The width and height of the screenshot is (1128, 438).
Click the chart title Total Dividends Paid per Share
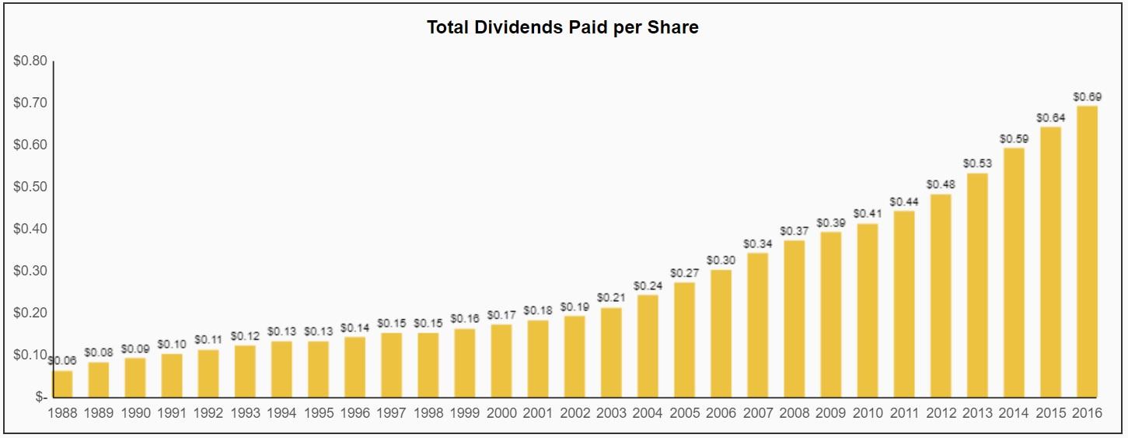tap(563, 28)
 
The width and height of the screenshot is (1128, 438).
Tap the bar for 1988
tap(62, 384)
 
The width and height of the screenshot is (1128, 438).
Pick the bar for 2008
tap(794, 319)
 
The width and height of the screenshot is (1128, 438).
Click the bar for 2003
tap(611, 352)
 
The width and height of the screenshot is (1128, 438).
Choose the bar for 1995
tap(318, 369)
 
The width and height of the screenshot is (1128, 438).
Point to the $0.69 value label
tap(1087, 96)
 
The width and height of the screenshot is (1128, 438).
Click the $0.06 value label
tap(62, 360)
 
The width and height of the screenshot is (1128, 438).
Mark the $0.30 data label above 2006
tap(721, 260)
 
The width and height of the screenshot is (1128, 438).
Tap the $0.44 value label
tap(904, 201)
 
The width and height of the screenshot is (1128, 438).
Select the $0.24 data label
tap(648, 286)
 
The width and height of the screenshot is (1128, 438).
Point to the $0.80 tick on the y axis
tap(30, 61)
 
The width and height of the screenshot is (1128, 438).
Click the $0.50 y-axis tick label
tap(30, 187)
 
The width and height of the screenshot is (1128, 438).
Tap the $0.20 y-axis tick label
tap(30, 313)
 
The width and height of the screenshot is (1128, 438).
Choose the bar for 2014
tap(1014, 272)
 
